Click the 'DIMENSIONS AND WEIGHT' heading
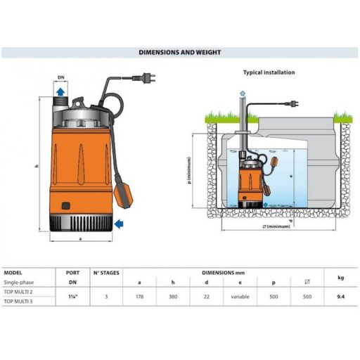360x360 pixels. (180, 52)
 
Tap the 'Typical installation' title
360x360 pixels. (269, 72)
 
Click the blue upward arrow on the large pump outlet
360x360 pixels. (60, 91)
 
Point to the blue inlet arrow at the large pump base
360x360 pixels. (119, 224)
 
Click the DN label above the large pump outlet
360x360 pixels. (60, 77)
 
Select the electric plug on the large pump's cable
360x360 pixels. (143, 77)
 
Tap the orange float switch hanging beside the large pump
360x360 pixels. (123, 195)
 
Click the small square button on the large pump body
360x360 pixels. (66, 206)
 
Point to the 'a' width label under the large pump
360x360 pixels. (81, 239)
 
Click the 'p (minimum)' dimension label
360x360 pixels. (189, 170)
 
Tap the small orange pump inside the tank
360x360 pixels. (250, 185)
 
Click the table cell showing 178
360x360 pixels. (139, 297)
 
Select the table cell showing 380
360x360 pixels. (173, 297)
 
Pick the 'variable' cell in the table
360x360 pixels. (240, 297)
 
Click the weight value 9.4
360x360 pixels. (340, 297)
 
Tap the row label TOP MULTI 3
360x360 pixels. (18, 302)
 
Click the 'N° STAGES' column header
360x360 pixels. (106, 273)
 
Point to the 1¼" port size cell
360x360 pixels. (73, 297)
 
